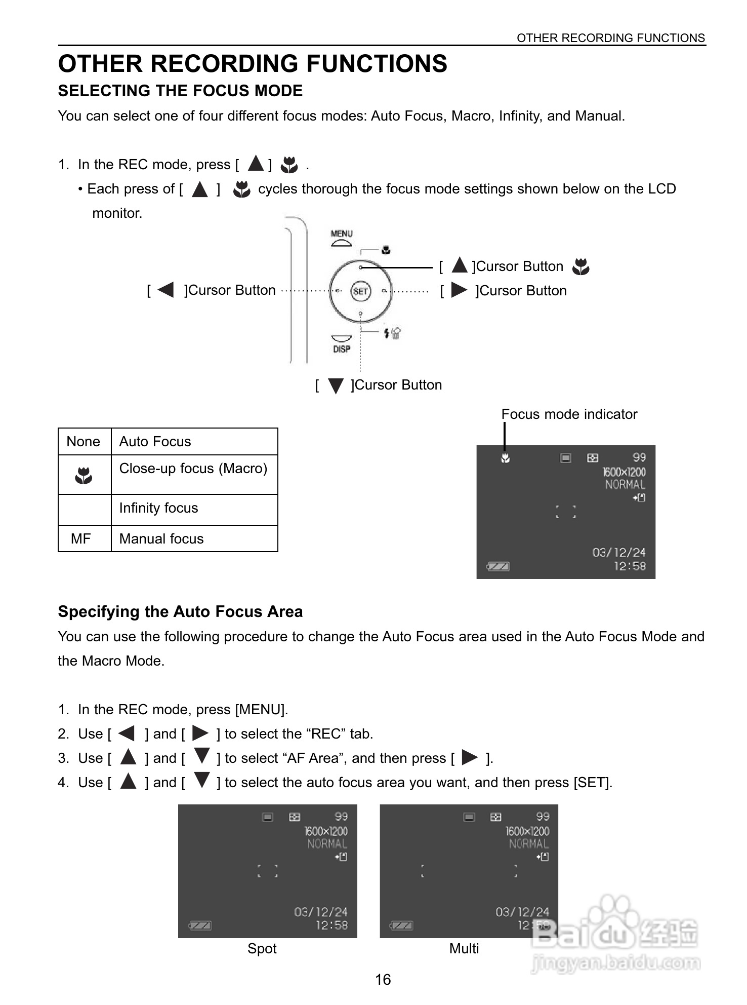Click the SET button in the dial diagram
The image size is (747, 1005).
[360, 291]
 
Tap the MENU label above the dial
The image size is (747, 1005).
[342, 234]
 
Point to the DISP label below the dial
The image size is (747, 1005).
[342, 349]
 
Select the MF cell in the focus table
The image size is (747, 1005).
[81, 538]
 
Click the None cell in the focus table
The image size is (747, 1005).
[84, 442]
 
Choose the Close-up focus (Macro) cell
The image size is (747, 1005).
[193, 469]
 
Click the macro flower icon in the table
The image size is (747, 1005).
[84, 475]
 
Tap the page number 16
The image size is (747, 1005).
[383, 979]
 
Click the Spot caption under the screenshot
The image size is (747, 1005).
[262, 948]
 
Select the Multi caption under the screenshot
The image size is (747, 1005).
[464, 948]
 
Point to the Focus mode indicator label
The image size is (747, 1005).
[569, 414]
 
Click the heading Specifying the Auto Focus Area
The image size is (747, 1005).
[181, 611]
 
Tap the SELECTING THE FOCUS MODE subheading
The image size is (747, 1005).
[181, 91]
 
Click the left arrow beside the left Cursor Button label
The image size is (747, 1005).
[165, 290]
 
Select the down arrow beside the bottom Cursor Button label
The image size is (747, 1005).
[336, 386]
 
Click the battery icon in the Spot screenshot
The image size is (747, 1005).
[200, 925]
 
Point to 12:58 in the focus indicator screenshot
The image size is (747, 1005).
[630, 566]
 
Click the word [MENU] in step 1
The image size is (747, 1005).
[261, 710]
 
